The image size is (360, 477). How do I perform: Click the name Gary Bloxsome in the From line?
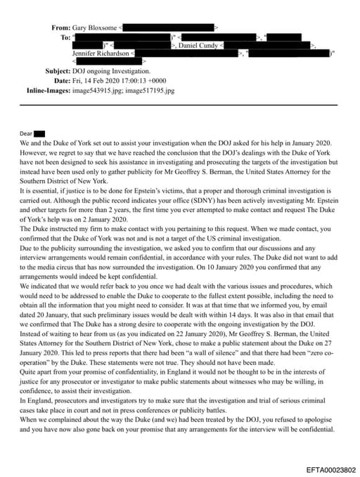[95, 27]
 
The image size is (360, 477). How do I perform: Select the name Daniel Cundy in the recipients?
[198, 45]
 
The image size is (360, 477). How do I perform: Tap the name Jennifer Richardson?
[101, 53]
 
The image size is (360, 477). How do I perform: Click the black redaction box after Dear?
[39, 133]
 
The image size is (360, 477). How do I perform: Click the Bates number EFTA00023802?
[330, 468]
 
